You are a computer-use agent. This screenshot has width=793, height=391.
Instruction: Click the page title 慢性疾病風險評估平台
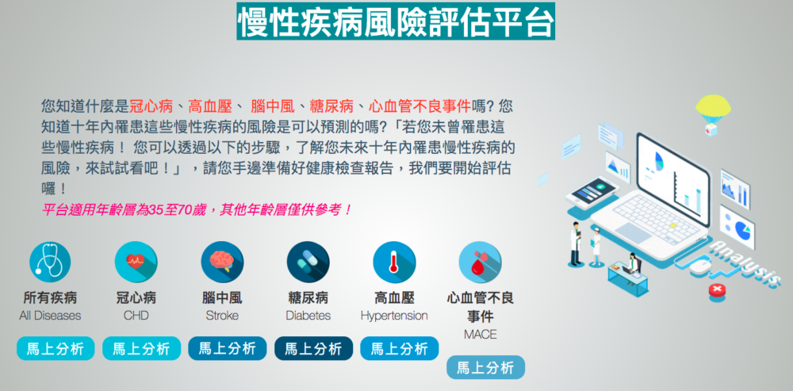(396, 21)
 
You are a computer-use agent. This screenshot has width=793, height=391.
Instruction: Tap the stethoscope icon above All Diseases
(50, 262)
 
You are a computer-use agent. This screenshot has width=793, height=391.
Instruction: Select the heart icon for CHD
(136, 262)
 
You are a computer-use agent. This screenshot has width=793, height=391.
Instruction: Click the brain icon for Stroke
(222, 262)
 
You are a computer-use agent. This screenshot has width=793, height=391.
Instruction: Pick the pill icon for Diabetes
(308, 262)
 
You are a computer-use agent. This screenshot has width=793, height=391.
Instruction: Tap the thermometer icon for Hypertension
(394, 262)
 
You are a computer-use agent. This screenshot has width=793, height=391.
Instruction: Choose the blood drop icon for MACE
(480, 262)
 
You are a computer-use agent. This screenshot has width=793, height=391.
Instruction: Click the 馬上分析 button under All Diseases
(56, 348)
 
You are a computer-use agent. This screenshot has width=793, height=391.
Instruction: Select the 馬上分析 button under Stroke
(227, 348)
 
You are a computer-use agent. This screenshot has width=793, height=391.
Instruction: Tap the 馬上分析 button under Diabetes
(313, 348)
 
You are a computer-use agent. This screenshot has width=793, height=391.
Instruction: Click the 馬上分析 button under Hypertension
(400, 348)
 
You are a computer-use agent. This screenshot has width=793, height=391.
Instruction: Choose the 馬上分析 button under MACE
(485, 368)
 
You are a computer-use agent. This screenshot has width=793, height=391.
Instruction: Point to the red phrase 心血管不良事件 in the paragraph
(419, 106)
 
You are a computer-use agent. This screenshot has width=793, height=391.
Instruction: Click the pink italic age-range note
(197, 209)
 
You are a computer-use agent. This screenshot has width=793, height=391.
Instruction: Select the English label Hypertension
(394, 316)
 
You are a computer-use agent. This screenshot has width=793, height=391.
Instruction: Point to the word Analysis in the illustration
(744, 264)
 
